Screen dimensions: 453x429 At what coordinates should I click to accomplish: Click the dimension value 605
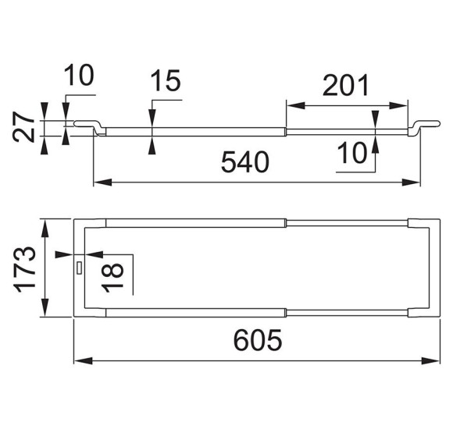(258, 340)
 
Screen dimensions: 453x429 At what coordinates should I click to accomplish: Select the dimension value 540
(245, 162)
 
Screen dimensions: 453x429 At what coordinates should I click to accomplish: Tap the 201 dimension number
(346, 85)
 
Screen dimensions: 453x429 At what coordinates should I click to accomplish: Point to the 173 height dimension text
(24, 269)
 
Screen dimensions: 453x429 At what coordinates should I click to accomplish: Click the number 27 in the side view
(23, 127)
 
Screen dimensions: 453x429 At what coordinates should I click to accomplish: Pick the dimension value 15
(166, 80)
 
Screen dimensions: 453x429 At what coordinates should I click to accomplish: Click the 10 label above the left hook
(79, 76)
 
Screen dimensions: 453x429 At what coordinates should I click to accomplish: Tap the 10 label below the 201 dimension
(352, 153)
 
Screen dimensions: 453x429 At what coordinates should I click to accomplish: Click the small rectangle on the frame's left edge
(79, 268)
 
